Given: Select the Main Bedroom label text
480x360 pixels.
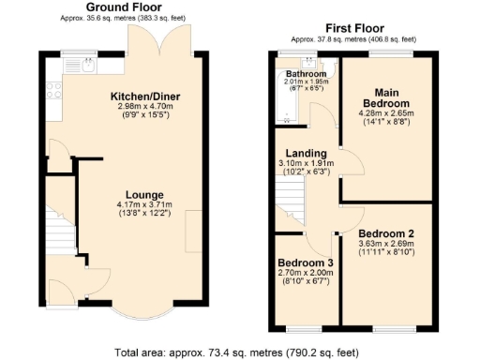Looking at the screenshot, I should point(383,97).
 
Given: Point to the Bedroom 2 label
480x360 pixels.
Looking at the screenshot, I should point(384,232).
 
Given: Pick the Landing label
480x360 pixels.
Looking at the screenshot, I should point(307,153).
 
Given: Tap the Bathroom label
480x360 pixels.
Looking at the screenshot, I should point(306,73).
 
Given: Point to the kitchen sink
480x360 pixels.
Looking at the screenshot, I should point(84,66).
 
